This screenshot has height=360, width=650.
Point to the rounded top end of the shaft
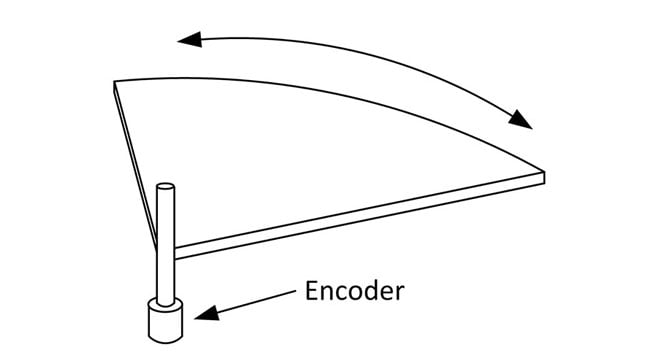[x=166, y=187]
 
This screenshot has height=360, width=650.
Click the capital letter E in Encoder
[x=311, y=293]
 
